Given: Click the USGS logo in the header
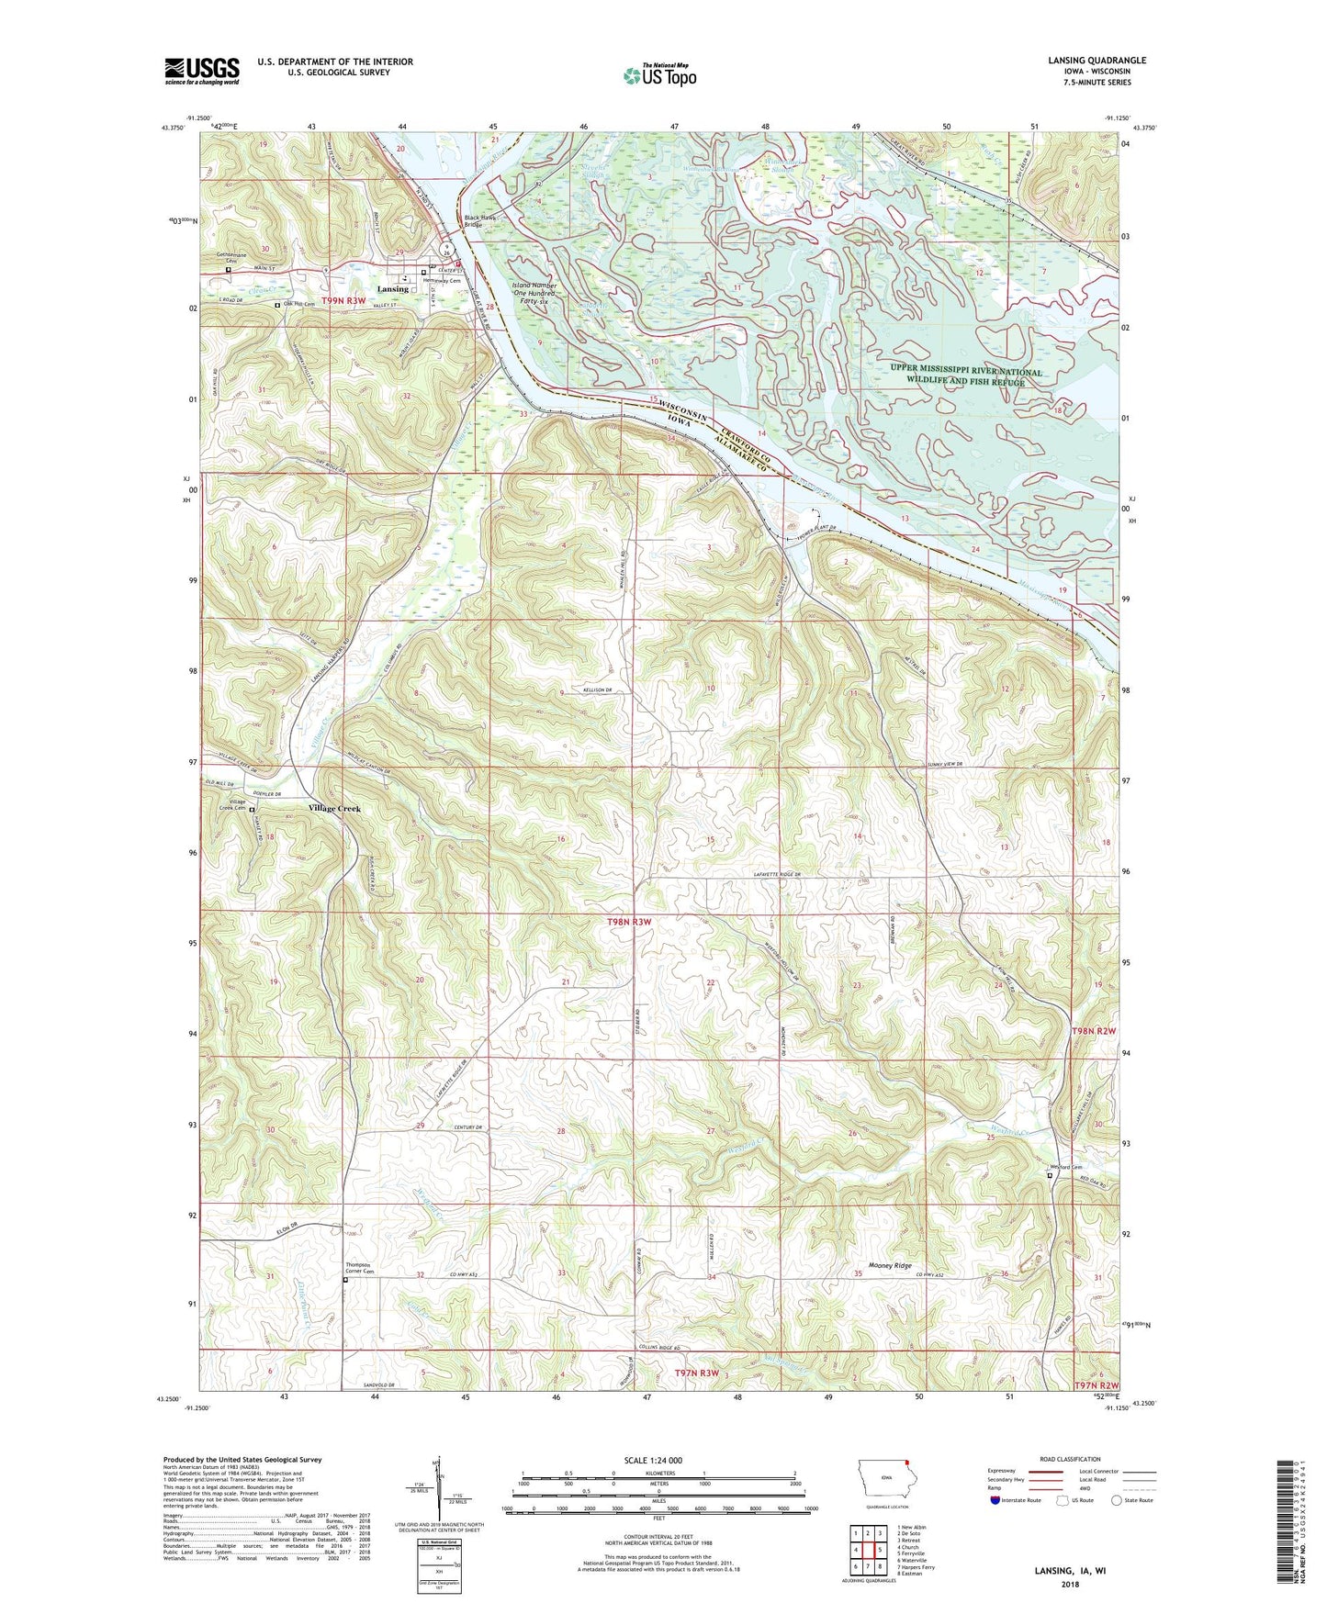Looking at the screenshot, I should (201, 70).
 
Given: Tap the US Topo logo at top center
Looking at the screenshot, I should (658, 75).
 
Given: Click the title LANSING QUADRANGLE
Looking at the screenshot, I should (1096, 61).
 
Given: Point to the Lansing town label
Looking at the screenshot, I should (393, 289).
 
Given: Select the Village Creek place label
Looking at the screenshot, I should (335, 809).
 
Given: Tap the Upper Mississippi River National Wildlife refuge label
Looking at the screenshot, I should (965, 376).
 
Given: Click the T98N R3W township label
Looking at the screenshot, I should (628, 921).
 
